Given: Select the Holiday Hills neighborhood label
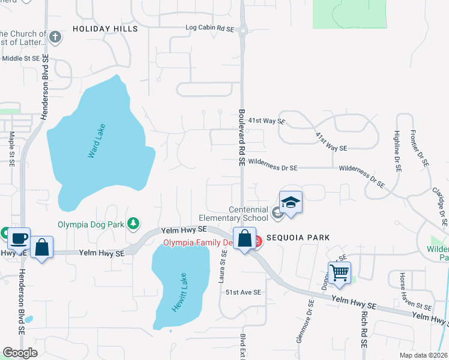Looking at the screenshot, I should coord(105,29).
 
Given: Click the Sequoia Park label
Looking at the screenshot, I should coord(299,238).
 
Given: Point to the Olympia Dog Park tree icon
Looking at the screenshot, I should coord(132,223).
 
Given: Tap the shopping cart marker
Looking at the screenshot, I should coord(339,272).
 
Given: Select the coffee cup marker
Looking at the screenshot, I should coord(19,238).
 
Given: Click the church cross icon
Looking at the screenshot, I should coord(55,37).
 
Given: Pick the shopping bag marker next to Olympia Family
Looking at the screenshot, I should coord(245,238).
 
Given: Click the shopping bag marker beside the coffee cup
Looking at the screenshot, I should coord(42,247).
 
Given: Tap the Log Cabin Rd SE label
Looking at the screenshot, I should coord(209,28).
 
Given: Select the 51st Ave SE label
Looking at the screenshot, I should coord(243,292).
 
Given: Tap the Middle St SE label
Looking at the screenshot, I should coord(20,58).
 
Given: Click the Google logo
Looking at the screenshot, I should coord(20,353).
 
